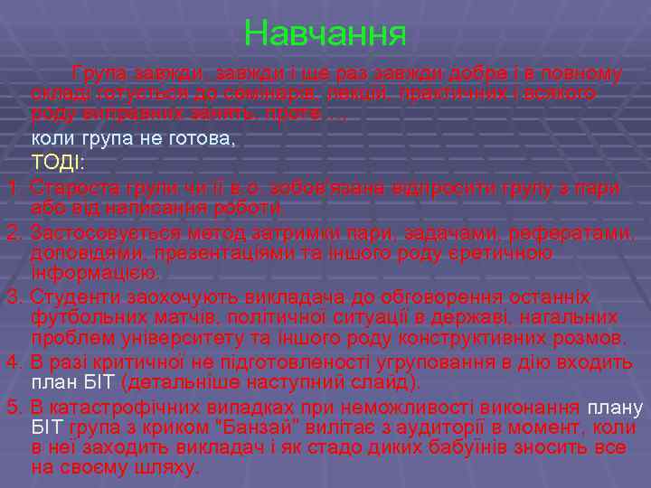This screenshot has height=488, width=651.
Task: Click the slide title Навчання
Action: point(325,34)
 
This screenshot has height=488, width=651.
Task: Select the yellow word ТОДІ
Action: point(56,164)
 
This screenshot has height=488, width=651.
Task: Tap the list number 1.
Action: point(12,188)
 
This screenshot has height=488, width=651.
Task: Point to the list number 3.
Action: point(12,296)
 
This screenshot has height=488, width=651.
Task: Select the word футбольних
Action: point(80,318)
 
